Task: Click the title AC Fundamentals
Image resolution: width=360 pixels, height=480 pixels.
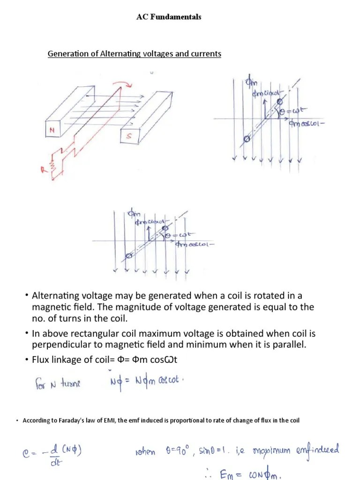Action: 169,17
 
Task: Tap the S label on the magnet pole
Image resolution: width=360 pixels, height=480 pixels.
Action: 127,136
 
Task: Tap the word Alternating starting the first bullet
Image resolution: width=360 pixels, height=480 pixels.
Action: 52,296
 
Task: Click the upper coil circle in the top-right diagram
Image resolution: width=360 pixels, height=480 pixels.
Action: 280,101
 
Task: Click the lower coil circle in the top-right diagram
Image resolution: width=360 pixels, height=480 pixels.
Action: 247,138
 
